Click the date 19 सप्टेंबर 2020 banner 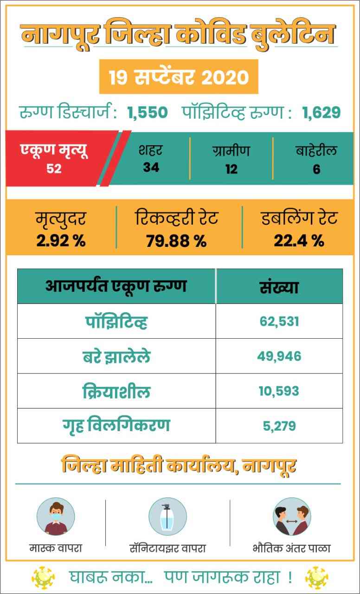[x=179, y=77]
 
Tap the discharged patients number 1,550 [x=148, y=112]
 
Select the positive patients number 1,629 [x=321, y=112]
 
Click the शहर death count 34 [x=151, y=168]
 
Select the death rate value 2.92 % [x=61, y=241]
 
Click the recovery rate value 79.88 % [x=176, y=241]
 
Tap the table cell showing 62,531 [x=279, y=321]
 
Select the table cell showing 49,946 [x=279, y=356]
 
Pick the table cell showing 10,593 [x=279, y=391]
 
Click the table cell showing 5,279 [x=279, y=426]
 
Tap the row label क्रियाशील [x=116, y=391]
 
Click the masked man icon [x=56, y=517]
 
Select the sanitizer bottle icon [x=167, y=517]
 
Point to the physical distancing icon [x=292, y=517]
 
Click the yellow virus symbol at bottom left [x=43, y=577]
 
